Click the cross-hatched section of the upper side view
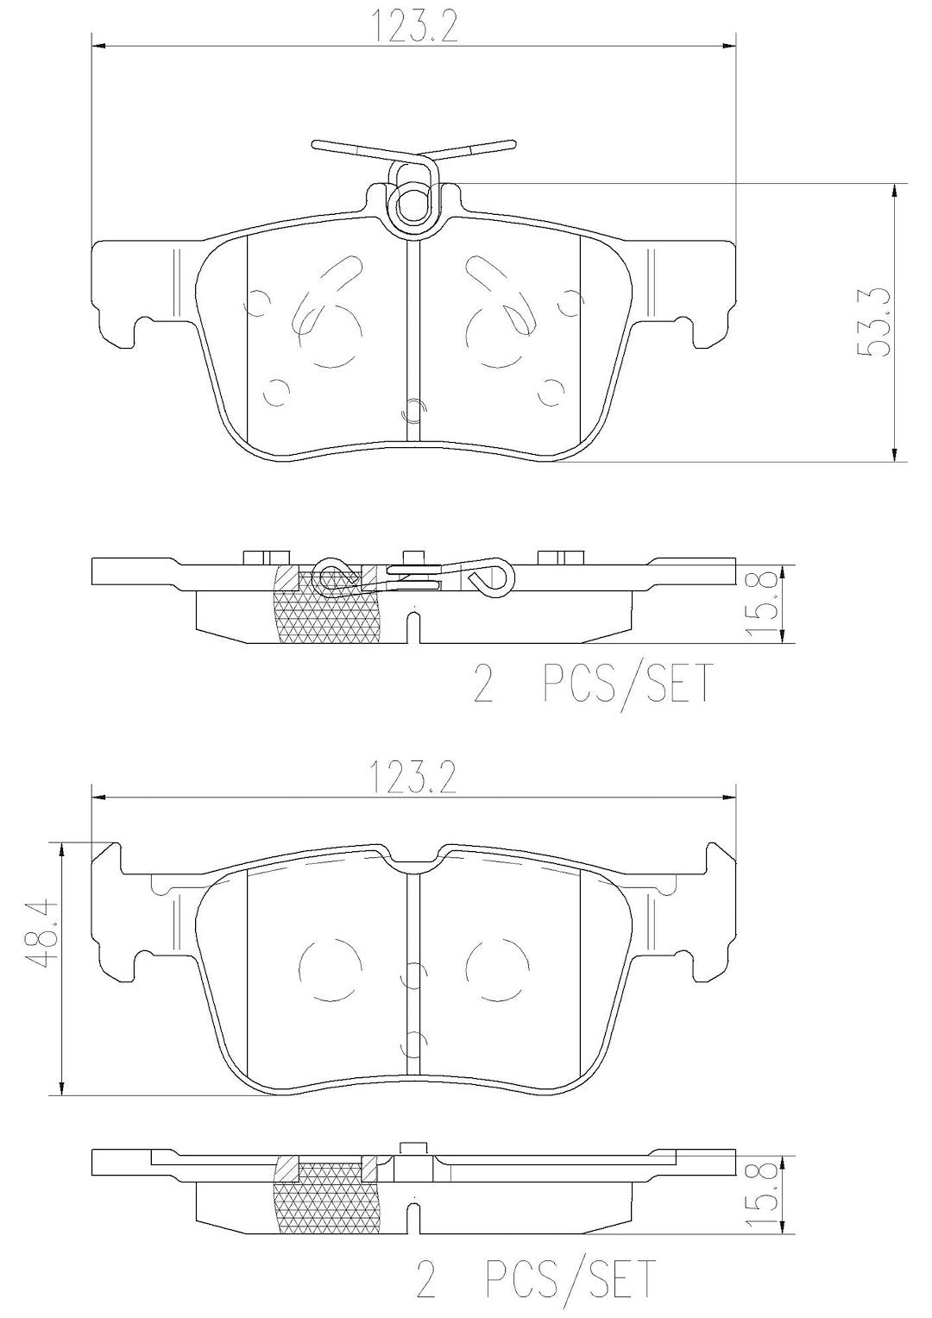(x=326, y=609)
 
